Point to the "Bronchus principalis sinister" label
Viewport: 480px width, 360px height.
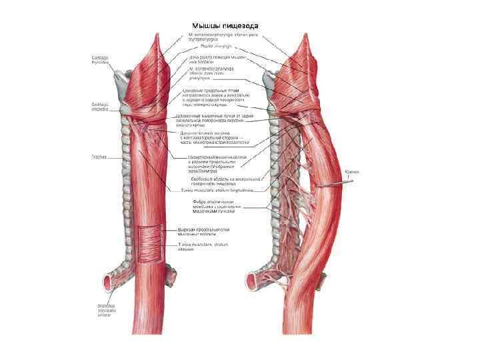click(x=105, y=309)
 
